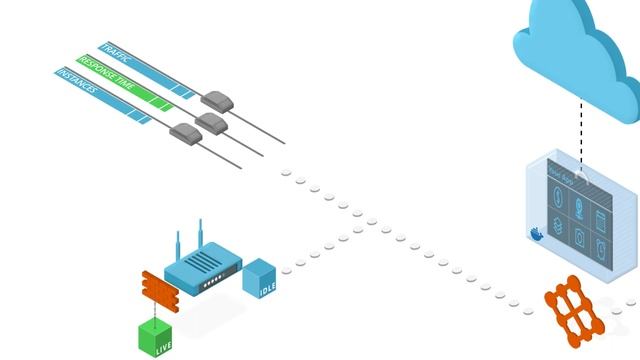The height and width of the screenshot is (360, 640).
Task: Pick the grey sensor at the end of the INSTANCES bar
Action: coord(184,130)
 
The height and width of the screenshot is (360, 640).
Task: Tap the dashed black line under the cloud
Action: coord(580,130)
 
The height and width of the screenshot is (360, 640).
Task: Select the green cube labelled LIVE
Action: coord(155,335)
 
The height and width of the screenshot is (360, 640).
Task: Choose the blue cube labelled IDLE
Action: coord(260,277)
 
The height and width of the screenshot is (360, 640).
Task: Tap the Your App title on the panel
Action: coord(560,177)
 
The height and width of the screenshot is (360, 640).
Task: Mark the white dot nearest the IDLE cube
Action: coord(287,269)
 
